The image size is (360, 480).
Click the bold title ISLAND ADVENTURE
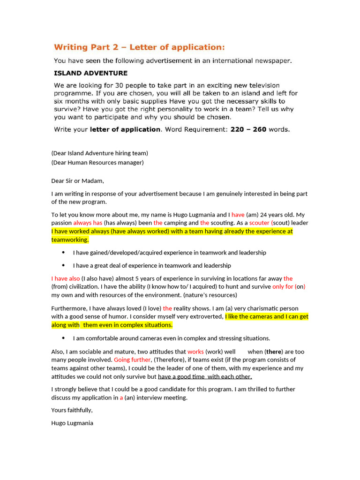(90, 73)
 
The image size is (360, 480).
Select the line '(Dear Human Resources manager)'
(97, 163)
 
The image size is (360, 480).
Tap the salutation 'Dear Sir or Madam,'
(77, 181)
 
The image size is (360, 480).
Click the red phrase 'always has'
(88, 223)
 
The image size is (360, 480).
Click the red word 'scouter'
(259, 223)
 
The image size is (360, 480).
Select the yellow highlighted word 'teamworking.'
(70, 240)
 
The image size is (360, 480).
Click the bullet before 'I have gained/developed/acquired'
(63, 253)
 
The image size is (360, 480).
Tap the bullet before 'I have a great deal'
(63, 265)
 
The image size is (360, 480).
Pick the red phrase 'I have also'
(66, 278)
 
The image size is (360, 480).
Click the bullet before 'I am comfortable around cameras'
(63, 338)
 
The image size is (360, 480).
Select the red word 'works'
(195, 352)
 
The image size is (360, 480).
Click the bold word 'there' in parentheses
(274, 352)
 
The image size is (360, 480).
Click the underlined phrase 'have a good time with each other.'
(205, 376)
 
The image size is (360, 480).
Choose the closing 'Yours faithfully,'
(72, 410)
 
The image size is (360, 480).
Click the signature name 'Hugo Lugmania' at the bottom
(72, 423)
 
